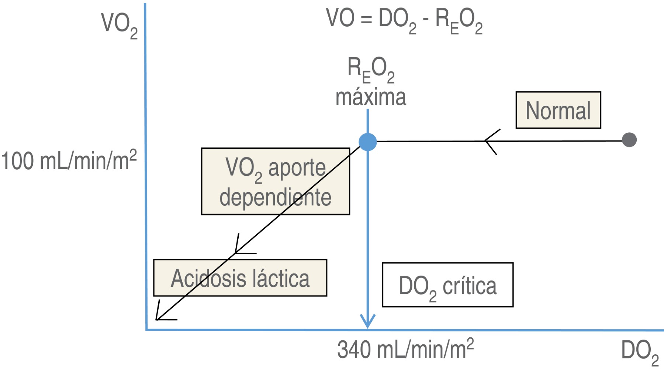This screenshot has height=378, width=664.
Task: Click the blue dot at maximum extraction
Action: pos(368,142)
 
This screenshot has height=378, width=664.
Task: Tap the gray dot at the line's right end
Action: pos(629,140)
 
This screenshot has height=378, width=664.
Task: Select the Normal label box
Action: pos(558,110)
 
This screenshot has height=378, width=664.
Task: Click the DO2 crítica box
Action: pos(447,285)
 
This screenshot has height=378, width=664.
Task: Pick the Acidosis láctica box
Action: pos(240,278)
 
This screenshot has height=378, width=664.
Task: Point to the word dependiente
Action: pos(275,197)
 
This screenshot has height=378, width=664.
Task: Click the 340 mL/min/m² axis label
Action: pos(405,350)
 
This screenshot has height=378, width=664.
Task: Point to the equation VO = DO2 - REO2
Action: pos(404,20)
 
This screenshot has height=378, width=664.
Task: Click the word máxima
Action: pos(370,97)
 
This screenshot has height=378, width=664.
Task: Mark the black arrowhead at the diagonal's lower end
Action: pos(160,316)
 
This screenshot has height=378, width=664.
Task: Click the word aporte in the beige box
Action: pos(297,168)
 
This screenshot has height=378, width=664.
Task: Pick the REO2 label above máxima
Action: pos(371,69)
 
